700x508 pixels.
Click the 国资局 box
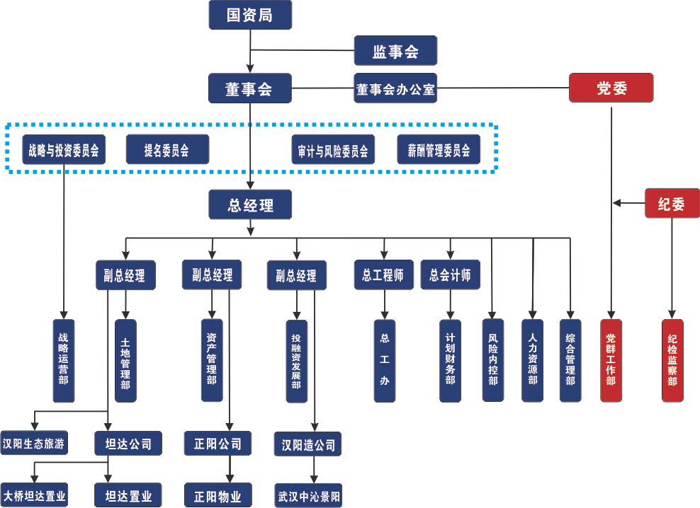point(250,15)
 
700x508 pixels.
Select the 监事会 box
point(395,51)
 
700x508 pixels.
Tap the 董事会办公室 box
point(395,89)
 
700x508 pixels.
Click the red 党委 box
point(611,88)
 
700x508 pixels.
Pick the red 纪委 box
point(672,204)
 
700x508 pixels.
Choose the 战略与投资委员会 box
point(64,150)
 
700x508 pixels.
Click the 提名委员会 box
point(167,150)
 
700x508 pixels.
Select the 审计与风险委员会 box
point(333,150)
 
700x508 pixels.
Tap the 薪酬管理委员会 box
point(439,150)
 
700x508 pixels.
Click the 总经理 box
point(250,204)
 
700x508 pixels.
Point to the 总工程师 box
point(383,275)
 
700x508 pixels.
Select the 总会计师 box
point(450,275)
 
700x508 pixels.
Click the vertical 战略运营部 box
point(64,360)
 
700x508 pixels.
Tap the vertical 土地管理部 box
point(125,360)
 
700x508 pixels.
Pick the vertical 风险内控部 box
point(492,360)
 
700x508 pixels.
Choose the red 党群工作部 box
point(611,360)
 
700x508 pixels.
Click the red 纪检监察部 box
point(672,360)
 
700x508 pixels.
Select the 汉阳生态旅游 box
point(34,444)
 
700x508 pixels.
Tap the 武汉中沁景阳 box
point(308,495)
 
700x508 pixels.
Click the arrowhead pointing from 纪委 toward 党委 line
point(617,204)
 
